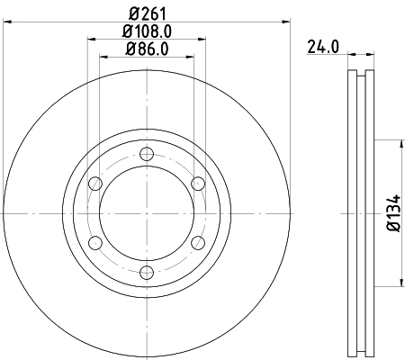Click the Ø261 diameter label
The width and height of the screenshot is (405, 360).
click(146, 13)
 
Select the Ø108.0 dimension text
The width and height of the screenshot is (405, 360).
click(146, 31)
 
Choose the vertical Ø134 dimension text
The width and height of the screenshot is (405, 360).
click(393, 213)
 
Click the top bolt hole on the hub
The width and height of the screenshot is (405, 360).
click(146, 153)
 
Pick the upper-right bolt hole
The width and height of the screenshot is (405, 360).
click(198, 184)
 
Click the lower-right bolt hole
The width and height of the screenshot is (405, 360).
click(198, 243)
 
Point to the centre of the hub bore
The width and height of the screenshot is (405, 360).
click(146, 213)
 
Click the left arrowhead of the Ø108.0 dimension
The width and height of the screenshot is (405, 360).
click(91, 39)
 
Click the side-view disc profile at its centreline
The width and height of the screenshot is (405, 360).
click(360, 213)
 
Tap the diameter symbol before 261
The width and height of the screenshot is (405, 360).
click(131, 13)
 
